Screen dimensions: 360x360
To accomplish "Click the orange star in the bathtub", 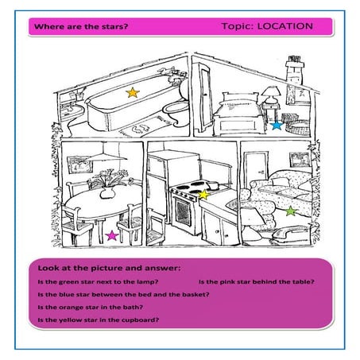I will click(132, 93).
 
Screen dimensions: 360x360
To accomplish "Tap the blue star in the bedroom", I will click(277, 125).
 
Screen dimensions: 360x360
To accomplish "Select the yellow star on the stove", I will click(203, 194).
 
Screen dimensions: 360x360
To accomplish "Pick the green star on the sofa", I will click(291, 211).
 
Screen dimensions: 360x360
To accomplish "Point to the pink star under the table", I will click(111, 236).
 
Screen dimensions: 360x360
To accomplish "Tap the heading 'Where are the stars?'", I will click(80, 26).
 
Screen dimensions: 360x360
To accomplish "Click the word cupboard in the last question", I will click(143, 319).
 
